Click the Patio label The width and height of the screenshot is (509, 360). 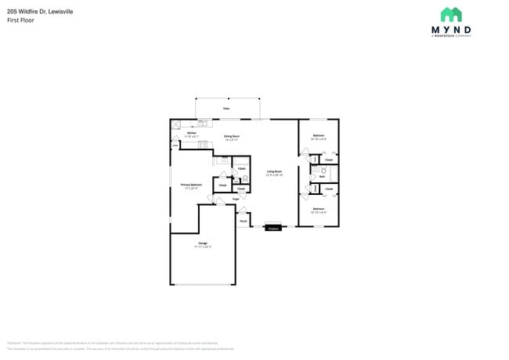(226, 108)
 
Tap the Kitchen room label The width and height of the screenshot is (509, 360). (191, 133)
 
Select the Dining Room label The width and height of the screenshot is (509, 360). (231, 136)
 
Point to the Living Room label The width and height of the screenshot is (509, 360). (273, 171)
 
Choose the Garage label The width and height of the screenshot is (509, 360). (203, 244)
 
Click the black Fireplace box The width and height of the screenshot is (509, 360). (273, 229)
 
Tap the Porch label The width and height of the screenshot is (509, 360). (244, 221)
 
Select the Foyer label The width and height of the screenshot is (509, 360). (236, 200)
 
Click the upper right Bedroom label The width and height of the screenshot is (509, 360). (319, 136)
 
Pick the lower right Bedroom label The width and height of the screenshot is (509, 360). (319, 209)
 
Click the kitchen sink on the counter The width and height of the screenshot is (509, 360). (202, 123)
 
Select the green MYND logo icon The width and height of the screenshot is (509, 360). (451, 14)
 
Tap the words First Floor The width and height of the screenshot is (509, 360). (20, 20)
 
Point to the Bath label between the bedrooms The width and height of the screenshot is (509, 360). (322, 177)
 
